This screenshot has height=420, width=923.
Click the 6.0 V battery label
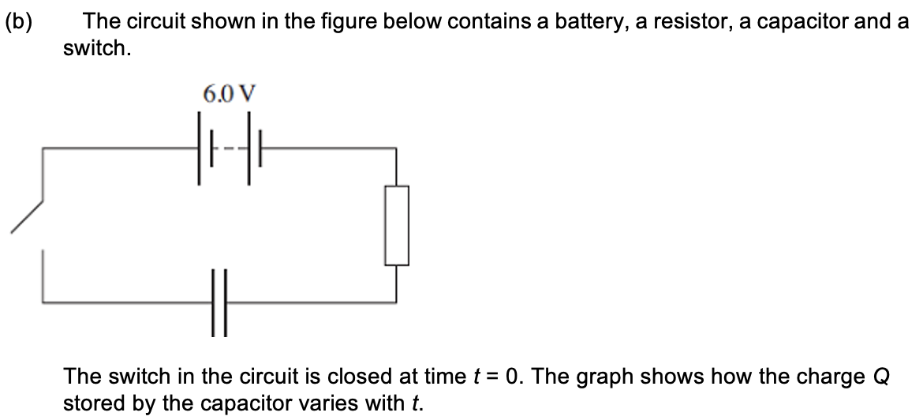coord(230,95)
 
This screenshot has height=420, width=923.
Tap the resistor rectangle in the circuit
coord(397,225)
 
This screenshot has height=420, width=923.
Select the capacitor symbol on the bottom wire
coord(219,302)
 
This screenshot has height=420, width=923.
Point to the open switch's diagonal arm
coord(27,216)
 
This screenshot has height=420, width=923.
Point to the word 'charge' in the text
coord(833,377)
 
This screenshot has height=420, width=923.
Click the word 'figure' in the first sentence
coord(328,21)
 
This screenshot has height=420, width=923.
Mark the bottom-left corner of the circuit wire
coord(43,302)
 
